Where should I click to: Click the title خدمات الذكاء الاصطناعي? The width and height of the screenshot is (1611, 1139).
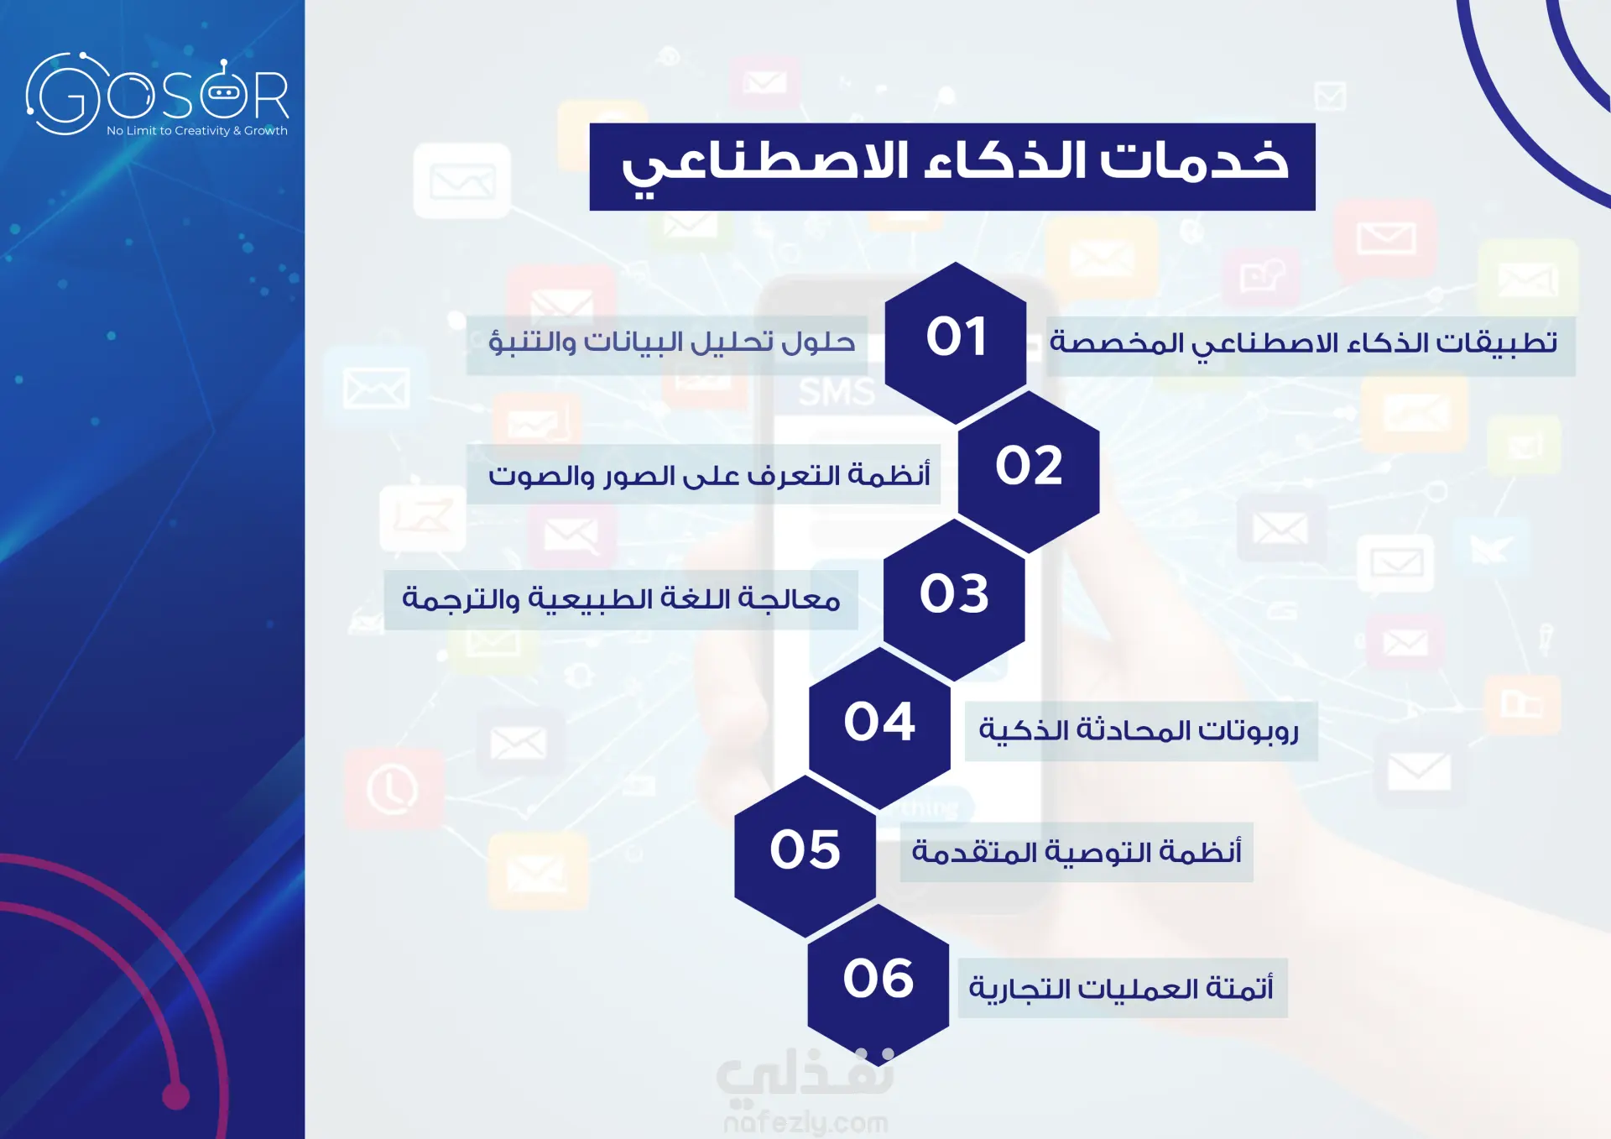pyautogui.click(x=954, y=165)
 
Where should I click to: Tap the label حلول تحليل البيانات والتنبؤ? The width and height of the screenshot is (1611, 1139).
pyautogui.click(x=672, y=342)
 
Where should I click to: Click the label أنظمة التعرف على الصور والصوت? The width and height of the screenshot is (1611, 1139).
pyautogui.click(x=709, y=475)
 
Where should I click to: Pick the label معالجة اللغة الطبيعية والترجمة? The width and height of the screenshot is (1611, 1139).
pyautogui.click(x=621, y=599)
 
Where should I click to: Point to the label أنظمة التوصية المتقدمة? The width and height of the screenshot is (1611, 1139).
pyautogui.click(x=1077, y=852)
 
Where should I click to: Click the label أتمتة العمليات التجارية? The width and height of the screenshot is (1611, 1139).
pyautogui.click(x=1121, y=989)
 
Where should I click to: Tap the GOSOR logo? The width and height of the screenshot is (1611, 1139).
pyautogui.click(x=158, y=94)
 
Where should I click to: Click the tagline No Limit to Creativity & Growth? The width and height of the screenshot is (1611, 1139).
pyautogui.click(x=197, y=131)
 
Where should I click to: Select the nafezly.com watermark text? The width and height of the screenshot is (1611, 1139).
pyautogui.click(x=805, y=1122)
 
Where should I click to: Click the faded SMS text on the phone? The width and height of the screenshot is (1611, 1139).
pyautogui.click(x=837, y=392)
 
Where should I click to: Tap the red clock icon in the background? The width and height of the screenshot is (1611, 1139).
pyautogui.click(x=393, y=790)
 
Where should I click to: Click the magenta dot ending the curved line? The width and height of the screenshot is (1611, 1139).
pyautogui.click(x=175, y=1095)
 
